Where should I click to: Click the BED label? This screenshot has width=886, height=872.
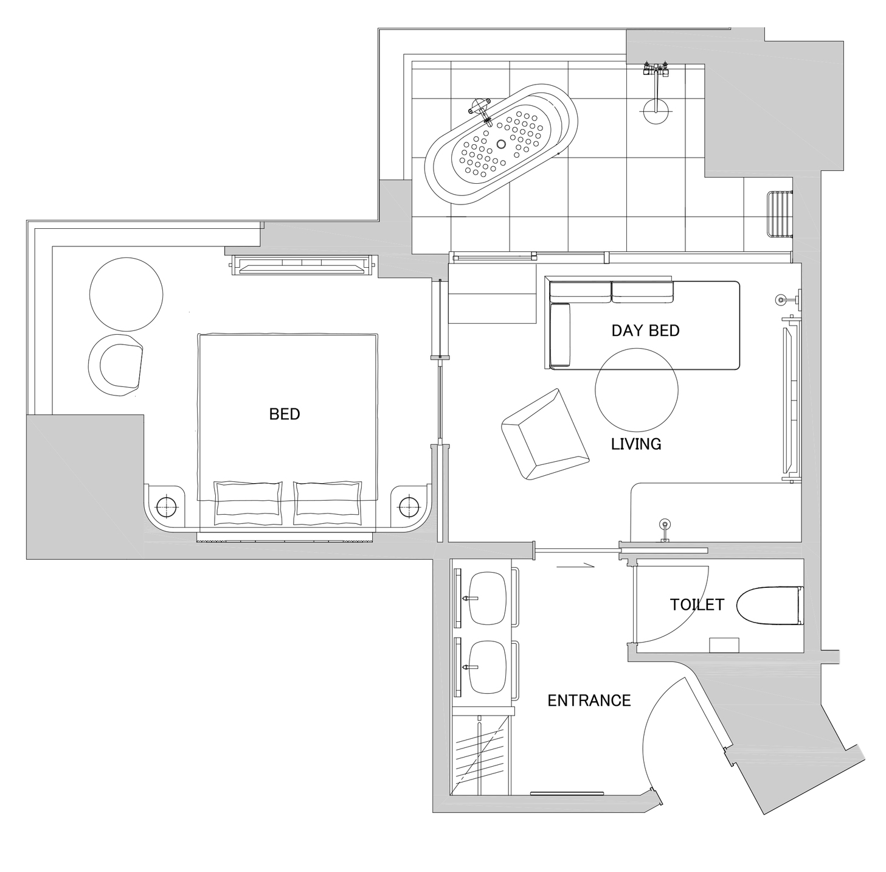pos(285,414)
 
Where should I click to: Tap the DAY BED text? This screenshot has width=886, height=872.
pos(645,330)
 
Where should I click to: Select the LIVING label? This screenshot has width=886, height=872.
pos(636,444)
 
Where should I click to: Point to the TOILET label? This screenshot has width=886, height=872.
pos(697,605)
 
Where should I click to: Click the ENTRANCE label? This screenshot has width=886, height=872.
pos(589,701)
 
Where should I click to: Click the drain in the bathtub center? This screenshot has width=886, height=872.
pos(501,144)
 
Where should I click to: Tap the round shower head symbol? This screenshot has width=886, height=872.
pos(655,110)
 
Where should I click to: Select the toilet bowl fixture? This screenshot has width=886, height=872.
pos(770,605)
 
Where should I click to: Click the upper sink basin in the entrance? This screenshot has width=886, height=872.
pos(488,598)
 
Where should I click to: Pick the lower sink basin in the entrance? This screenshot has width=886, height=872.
pos(488,667)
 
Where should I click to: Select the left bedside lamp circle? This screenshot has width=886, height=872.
pos(167,507)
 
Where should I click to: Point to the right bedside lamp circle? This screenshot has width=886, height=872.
pos(409,507)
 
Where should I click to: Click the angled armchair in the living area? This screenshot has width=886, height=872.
pos(545,434)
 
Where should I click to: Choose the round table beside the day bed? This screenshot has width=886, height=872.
pos(636,389)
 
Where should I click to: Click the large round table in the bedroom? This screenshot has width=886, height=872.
pos(126,294)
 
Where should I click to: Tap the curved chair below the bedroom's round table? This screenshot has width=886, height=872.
pos(116,365)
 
